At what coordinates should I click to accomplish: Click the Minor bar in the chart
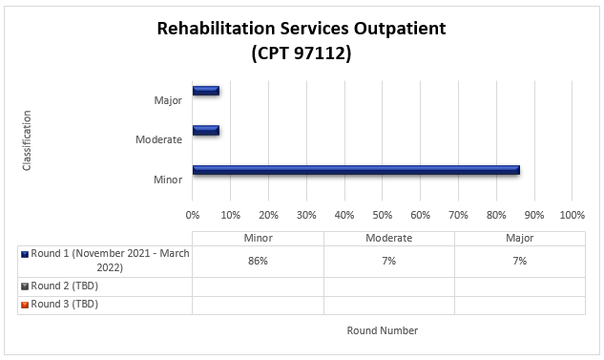355,170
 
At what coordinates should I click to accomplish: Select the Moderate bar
205,130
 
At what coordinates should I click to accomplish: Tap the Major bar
205,91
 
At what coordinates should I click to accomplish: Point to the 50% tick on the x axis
383,213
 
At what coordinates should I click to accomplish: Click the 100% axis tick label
572,213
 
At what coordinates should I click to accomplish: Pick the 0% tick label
193,213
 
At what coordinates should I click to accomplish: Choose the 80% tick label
496,213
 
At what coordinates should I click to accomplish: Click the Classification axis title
27,139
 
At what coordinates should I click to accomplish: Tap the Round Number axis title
382,330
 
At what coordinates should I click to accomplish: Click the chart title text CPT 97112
302,54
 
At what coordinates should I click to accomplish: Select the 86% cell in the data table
258,260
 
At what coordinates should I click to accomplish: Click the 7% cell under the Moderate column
388,260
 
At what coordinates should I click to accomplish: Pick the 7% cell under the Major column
520,260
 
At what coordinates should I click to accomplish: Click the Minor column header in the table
258,238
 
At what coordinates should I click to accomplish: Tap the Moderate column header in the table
388,238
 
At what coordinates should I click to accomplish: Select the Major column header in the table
520,238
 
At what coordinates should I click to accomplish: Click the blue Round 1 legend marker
23,255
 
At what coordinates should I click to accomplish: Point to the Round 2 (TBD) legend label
65,285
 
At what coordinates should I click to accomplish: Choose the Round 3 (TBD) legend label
65,305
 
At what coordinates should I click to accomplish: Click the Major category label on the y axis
168,100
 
